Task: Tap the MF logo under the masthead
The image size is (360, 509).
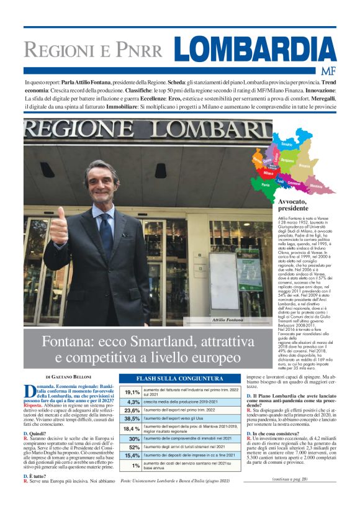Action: click(x=327, y=70)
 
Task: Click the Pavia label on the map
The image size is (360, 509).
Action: click(x=266, y=185)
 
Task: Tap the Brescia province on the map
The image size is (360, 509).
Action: click(x=304, y=166)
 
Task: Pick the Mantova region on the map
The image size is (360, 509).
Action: click(x=316, y=186)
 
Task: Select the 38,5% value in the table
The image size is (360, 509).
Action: click(x=132, y=419)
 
